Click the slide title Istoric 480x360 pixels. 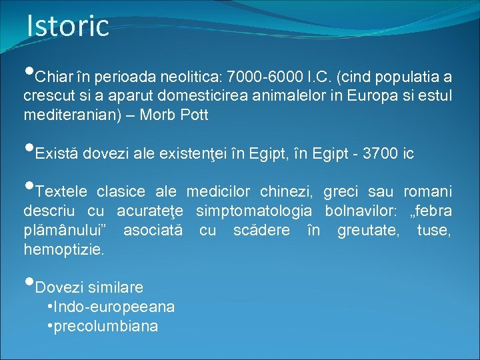67,25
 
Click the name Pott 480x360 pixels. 194,115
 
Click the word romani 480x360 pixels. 428,192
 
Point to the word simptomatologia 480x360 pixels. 253,211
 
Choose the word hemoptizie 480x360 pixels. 64,249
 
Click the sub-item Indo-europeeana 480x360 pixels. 114,307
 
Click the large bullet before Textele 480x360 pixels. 29,187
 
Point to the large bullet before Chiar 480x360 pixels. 29,73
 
